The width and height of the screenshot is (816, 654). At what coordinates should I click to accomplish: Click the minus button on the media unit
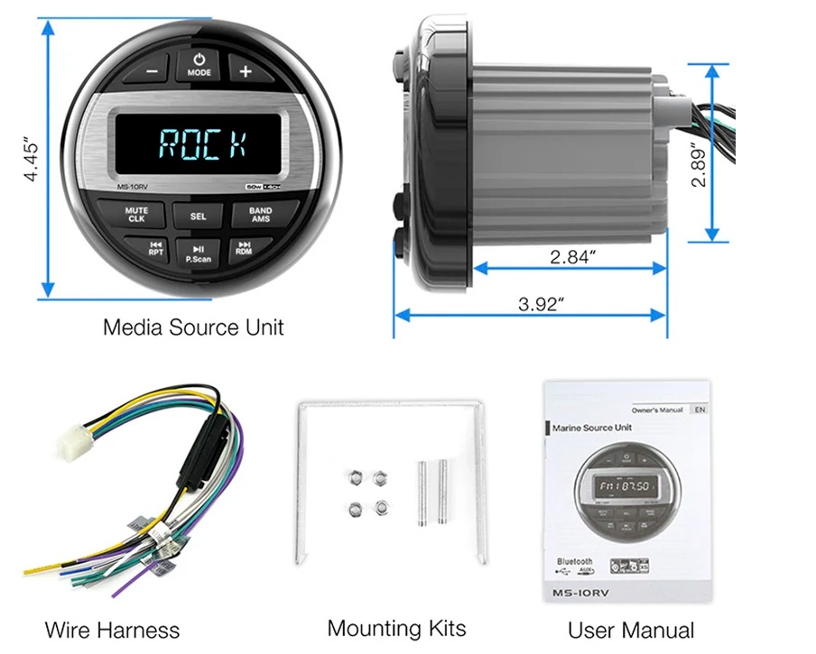(153, 69)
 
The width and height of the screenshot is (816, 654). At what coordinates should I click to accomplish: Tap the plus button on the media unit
(245, 69)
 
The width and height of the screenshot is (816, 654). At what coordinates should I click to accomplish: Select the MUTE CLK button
(137, 215)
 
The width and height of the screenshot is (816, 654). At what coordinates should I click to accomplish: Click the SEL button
(199, 216)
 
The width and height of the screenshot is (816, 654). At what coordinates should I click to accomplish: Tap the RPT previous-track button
(156, 248)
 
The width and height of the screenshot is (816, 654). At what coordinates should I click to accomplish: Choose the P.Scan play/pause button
(199, 253)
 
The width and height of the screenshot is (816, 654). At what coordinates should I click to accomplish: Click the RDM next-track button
(243, 248)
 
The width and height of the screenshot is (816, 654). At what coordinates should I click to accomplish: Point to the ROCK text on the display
(204, 142)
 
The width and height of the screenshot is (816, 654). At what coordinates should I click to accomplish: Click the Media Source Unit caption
(193, 327)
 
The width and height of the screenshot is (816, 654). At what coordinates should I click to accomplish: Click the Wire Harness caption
(113, 630)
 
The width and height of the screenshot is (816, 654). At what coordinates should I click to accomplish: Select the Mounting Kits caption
(396, 628)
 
